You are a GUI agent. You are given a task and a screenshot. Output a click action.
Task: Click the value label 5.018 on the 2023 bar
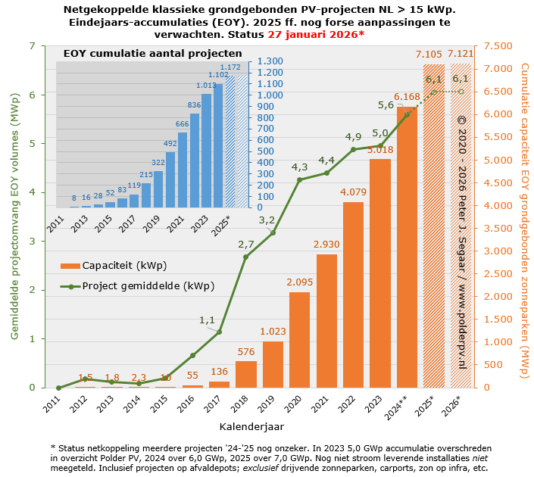(379, 150)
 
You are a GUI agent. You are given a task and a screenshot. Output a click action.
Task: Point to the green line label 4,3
(299, 167)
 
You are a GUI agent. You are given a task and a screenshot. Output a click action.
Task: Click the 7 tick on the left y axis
(31, 46)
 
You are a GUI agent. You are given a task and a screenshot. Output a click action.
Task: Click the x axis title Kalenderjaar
(252, 428)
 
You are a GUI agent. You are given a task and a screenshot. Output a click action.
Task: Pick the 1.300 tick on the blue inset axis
(270, 61)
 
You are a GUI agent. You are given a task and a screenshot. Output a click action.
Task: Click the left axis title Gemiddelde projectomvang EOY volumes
(14, 217)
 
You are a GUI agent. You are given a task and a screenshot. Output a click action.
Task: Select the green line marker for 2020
(299, 180)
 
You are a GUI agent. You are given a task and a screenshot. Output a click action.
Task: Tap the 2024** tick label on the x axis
(402, 407)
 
